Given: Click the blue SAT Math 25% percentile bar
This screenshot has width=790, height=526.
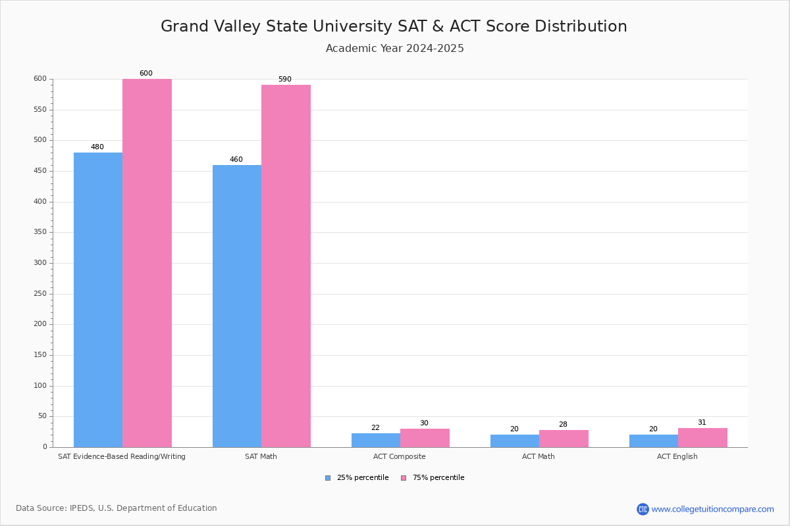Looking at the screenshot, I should click(x=237, y=306).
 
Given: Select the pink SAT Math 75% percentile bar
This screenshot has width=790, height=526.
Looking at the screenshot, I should click(x=286, y=266).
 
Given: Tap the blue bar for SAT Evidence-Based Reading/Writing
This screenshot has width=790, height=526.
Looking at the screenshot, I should click(x=98, y=300).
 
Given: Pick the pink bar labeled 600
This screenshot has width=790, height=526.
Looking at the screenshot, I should click(x=147, y=263).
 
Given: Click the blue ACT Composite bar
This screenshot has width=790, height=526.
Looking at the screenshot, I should click(x=376, y=440).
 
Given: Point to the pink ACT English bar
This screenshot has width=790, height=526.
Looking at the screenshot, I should click(x=702, y=437).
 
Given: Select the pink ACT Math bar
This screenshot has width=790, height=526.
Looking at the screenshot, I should click(x=564, y=439).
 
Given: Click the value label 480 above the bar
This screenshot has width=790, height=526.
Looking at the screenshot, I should click(x=97, y=147).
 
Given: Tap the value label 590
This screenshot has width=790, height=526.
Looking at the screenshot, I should click(x=284, y=80).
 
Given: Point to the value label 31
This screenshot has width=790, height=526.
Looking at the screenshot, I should click(x=702, y=423).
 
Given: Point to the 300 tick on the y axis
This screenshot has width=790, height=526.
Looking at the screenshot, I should click(x=40, y=263).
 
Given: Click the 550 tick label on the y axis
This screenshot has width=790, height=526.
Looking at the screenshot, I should click(x=40, y=110).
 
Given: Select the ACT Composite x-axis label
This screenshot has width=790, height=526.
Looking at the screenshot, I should click(x=400, y=456).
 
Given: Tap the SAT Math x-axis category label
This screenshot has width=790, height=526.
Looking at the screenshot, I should click(x=261, y=456).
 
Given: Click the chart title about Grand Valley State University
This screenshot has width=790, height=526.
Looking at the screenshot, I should click(x=394, y=26).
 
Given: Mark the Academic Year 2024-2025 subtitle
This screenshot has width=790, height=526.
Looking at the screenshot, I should click(x=395, y=49).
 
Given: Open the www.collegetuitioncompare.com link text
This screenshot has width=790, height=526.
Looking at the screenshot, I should click(x=712, y=509).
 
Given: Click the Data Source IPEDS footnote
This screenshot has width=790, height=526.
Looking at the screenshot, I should click(x=117, y=508).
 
